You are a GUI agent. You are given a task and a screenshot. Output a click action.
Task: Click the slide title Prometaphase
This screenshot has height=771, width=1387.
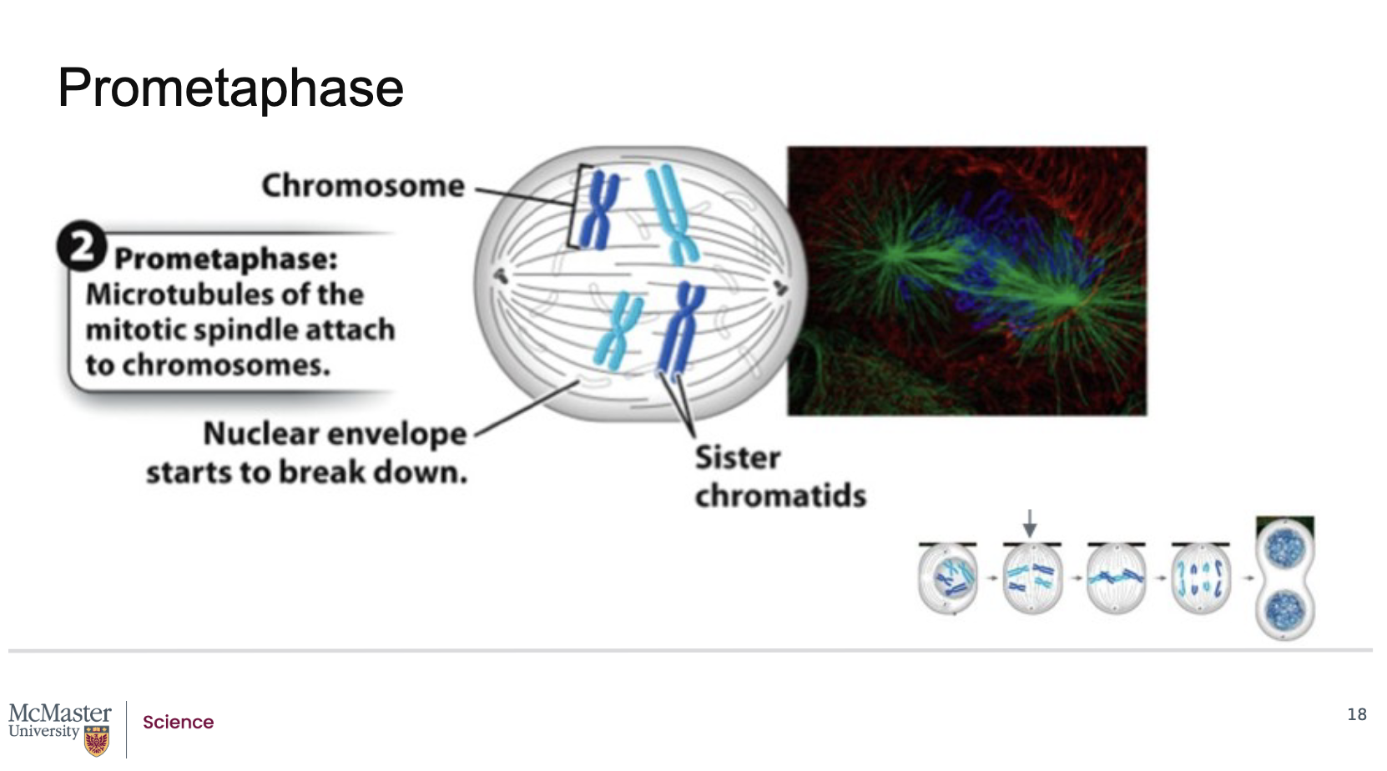click(x=230, y=88)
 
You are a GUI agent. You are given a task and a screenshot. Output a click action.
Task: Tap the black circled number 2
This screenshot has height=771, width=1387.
click(x=82, y=246)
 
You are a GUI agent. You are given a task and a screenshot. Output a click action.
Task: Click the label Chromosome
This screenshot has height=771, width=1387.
click(x=363, y=186)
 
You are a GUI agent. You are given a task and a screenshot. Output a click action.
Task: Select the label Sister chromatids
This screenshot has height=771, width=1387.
click(x=780, y=476)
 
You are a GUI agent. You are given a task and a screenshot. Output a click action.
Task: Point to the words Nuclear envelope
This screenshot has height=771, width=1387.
click(x=335, y=434)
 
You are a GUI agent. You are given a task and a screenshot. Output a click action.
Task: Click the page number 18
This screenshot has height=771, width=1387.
click(x=1357, y=714)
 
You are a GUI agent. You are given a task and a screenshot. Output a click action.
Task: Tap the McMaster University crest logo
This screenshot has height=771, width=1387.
click(x=97, y=741)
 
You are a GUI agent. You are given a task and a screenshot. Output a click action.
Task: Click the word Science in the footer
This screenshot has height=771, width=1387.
click(x=179, y=722)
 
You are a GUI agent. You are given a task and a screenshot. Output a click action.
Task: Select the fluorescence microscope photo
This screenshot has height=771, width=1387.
click(x=966, y=280)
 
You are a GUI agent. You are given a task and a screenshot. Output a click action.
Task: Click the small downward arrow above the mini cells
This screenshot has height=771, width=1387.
click(x=1029, y=523)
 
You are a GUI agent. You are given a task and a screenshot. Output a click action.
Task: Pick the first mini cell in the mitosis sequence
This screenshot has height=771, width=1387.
click(x=947, y=578)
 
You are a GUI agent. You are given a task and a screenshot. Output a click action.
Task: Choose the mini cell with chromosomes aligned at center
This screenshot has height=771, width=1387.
click(x=1116, y=578)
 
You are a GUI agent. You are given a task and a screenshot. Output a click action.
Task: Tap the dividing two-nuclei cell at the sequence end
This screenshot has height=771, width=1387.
click(x=1285, y=578)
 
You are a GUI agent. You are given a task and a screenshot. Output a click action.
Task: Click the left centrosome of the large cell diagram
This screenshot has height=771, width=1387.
click(x=501, y=276)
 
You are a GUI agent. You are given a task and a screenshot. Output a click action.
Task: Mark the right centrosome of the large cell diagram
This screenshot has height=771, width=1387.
click(x=780, y=287)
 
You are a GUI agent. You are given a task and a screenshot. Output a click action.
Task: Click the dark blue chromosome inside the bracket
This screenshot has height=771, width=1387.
click(x=598, y=210)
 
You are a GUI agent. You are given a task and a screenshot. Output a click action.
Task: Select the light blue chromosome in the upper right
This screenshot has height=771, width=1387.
click(x=673, y=214)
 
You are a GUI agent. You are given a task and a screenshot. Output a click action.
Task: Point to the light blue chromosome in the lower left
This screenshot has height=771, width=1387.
click(x=618, y=331)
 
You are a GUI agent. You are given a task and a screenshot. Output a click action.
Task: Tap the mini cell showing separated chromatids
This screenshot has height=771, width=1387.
click(x=1200, y=578)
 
